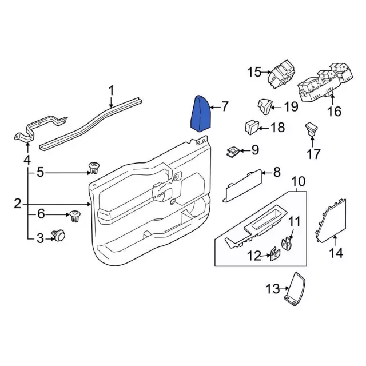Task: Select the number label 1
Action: [x=112, y=90]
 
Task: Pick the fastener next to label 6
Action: [x=73, y=216]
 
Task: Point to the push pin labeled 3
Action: [x=57, y=235]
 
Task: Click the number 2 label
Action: [x=17, y=203]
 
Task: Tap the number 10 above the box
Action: [x=298, y=182]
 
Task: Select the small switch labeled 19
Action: [x=264, y=106]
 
